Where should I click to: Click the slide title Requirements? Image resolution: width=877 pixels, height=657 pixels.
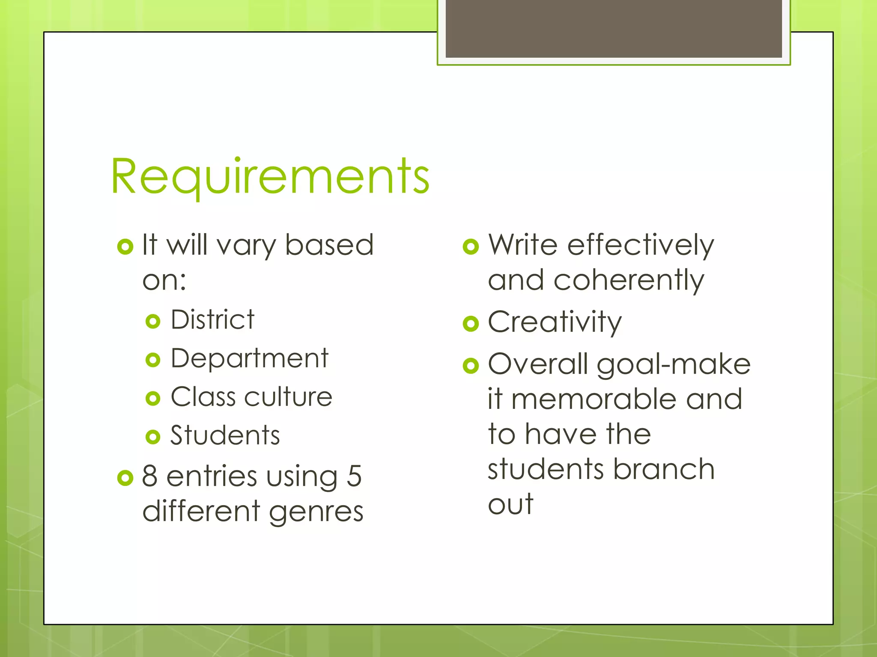(x=270, y=176)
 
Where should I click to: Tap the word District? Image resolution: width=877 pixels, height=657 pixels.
(x=212, y=320)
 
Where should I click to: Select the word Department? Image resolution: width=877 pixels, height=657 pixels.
(x=249, y=358)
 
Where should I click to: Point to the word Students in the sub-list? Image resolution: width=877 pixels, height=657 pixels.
(x=225, y=435)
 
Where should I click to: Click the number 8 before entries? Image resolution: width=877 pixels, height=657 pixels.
(x=149, y=476)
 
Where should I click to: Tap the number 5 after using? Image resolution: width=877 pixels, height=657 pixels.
(x=354, y=476)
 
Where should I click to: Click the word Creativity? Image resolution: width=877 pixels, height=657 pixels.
(x=555, y=322)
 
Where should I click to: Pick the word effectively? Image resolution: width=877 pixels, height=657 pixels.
(x=641, y=245)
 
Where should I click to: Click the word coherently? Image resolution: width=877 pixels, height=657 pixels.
(x=629, y=280)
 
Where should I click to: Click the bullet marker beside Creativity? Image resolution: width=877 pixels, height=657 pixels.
(x=471, y=323)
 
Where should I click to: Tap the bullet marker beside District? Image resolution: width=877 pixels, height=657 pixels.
(x=152, y=321)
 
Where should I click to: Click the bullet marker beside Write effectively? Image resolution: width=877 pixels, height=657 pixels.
(x=471, y=246)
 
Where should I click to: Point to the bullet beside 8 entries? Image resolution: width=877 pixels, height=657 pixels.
(x=125, y=478)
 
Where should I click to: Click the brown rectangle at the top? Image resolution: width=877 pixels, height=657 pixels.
(x=613, y=28)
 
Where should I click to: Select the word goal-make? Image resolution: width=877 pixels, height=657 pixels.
(x=674, y=365)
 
